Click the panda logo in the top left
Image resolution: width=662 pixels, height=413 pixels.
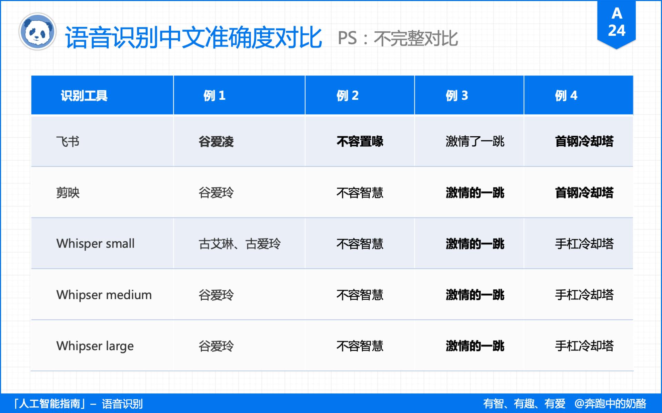(38, 32)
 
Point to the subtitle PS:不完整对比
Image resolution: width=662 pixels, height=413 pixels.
(398, 38)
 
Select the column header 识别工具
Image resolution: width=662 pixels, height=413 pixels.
(84, 96)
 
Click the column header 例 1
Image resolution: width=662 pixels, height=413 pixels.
(214, 96)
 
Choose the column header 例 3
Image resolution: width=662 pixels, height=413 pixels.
(457, 96)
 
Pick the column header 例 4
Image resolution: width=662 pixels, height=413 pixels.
(566, 96)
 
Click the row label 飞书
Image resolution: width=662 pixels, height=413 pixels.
(68, 141)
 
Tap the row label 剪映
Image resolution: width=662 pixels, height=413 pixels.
(68, 193)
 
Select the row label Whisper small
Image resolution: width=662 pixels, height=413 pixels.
(96, 244)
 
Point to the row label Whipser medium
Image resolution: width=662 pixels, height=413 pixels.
(104, 295)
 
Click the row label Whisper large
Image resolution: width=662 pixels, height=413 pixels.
(95, 346)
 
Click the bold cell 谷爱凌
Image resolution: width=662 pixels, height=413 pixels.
(216, 141)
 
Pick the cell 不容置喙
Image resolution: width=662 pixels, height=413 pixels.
(360, 141)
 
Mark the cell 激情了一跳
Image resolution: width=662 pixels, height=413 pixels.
(475, 141)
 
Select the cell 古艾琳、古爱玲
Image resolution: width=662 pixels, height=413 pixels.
(240, 244)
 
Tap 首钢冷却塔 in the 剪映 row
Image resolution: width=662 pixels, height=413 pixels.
(584, 193)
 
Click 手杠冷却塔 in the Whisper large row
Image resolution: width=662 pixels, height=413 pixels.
(584, 346)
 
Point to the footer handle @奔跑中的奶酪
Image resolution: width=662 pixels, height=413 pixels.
(610, 403)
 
